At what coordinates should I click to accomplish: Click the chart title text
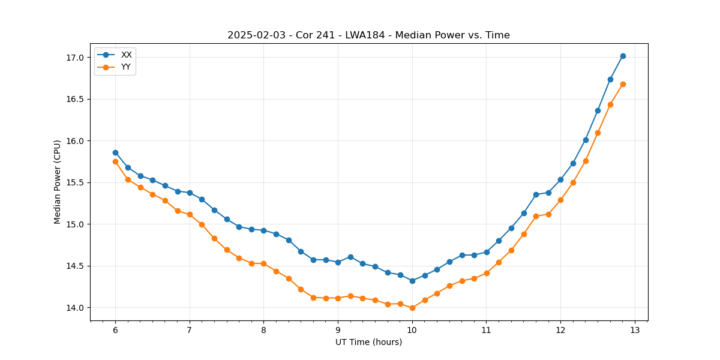pyautogui.click(x=368, y=35)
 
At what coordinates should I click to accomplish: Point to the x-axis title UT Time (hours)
pyautogui.click(x=368, y=342)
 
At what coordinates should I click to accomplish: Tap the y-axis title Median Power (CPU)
pyautogui.click(x=58, y=182)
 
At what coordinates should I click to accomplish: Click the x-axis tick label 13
pyautogui.click(x=635, y=331)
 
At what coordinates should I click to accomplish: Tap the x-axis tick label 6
pyautogui.click(x=115, y=331)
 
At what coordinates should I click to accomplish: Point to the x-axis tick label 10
pyautogui.click(x=412, y=331)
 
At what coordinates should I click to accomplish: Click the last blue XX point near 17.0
pyautogui.click(x=623, y=56)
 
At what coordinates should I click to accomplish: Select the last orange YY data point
pyautogui.click(x=623, y=84)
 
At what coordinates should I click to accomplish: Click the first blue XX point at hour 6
pyautogui.click(x=115, y=152)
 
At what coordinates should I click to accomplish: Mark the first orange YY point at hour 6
pyautogui.click(x=115, y=161)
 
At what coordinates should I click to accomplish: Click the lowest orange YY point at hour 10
pyautogui.click(x=412, y=308)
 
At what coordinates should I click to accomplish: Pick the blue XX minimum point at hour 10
pyautogui.click(x=412, y=281)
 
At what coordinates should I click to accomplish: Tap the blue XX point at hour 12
pyautogui.click(x=560, y=179)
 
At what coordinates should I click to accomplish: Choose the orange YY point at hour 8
pyautogui.click(x=263, y=263)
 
